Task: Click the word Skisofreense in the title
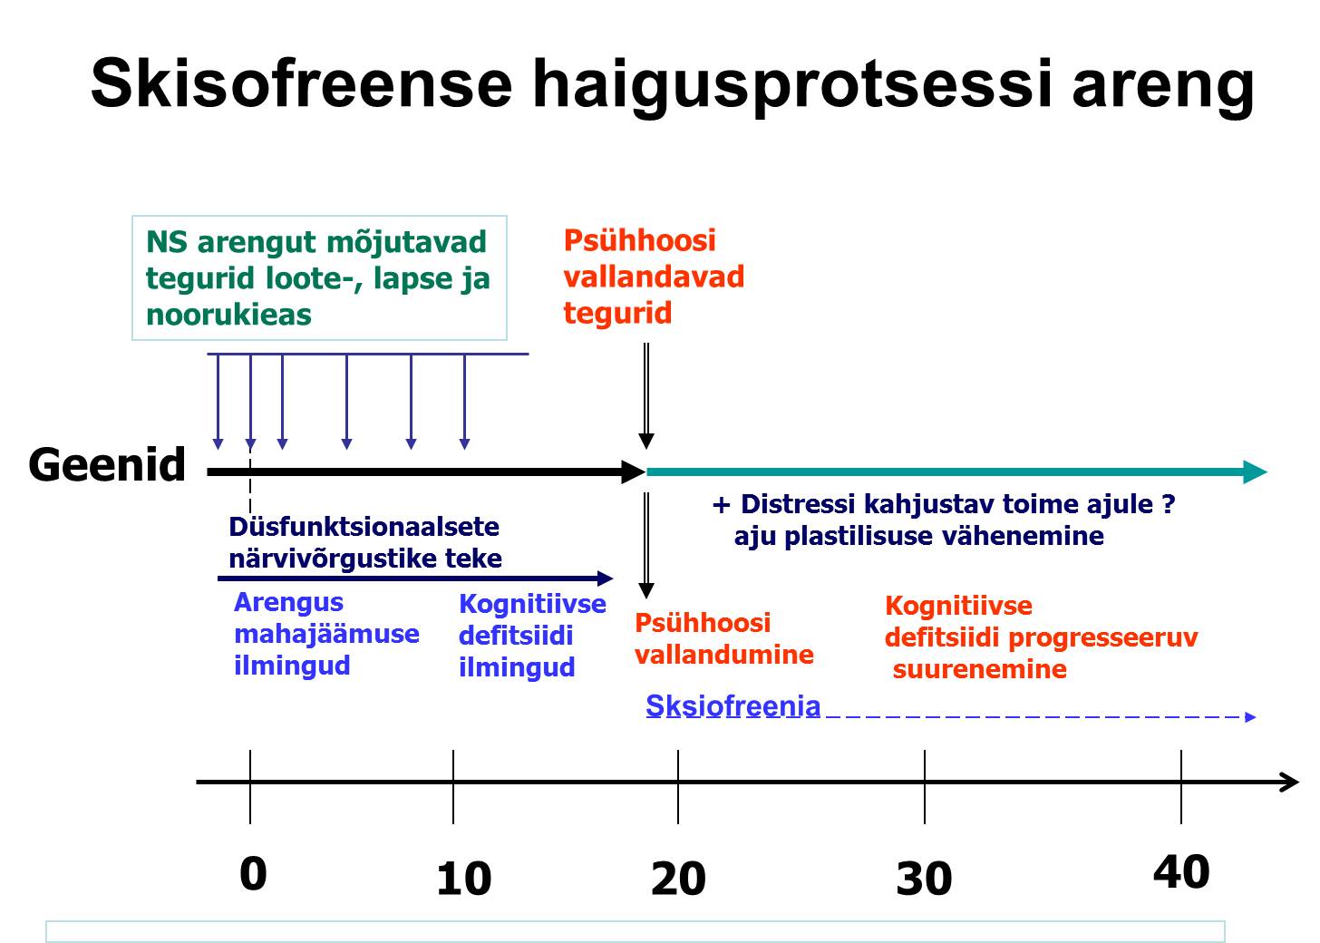pos(301,83)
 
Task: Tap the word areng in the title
pos(1162,90)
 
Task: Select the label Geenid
pos(107,464)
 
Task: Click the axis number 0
pos(254,873)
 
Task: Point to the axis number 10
pos(464,879)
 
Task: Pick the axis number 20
pos(678,879)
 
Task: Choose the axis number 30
pos(924,879)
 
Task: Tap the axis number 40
pos(1181,871)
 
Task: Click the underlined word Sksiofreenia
pos(733,705)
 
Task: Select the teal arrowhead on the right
pos(1255,471)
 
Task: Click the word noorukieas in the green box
pos(228,315)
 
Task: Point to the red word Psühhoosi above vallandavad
pos(640,240)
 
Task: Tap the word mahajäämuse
pos(326,634)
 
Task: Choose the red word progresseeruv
pos(1103,638)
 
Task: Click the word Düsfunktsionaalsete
pos(364,527)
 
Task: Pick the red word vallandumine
pos(724,655)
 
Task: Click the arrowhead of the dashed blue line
pos(1250,717)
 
